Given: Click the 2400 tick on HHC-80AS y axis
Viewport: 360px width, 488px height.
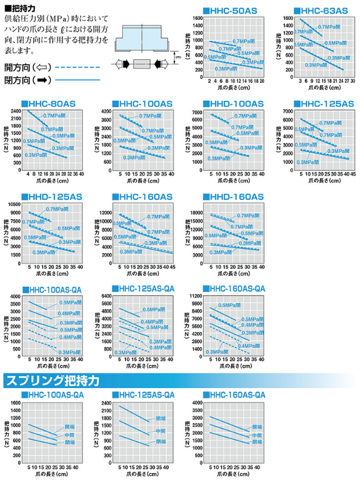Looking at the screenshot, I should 16,111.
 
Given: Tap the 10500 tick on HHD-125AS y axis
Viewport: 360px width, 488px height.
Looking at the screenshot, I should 14,204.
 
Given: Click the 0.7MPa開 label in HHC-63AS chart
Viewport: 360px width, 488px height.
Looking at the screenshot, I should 328,27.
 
